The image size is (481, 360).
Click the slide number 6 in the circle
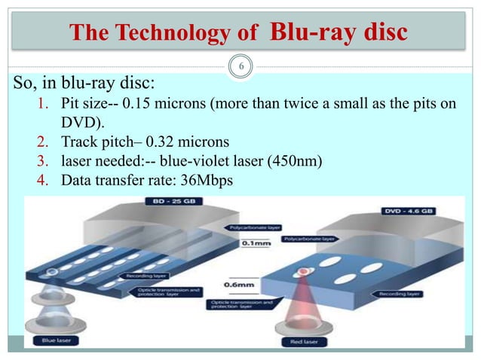tap(240, 67)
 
